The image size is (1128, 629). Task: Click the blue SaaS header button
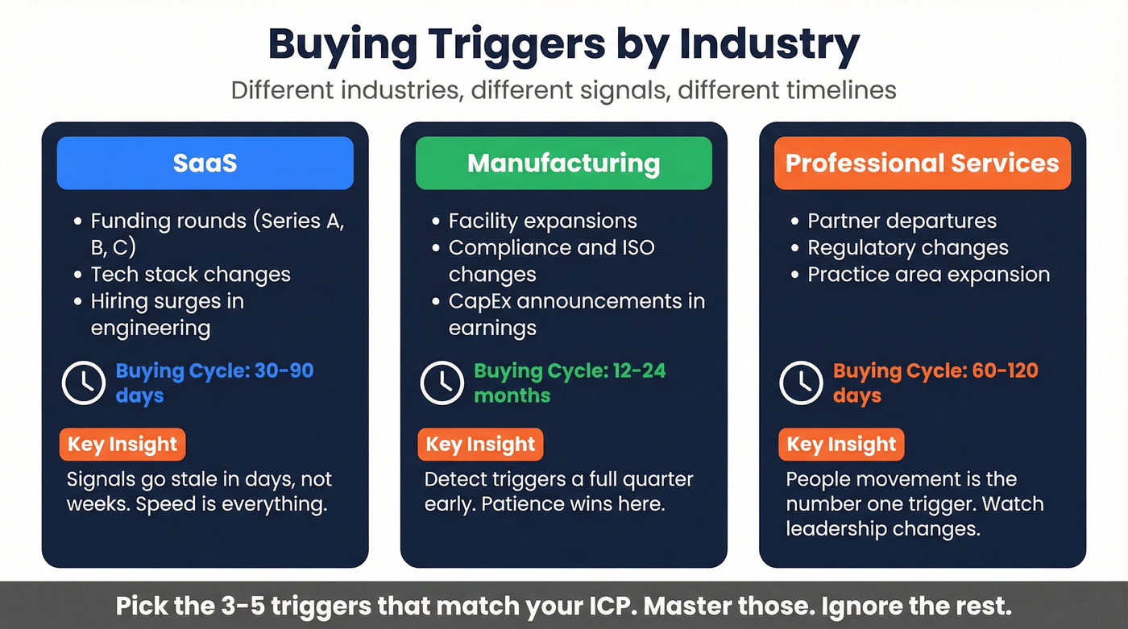coord(205,163)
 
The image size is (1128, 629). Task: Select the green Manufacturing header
coord(563,163)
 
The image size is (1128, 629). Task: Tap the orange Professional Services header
coord(922,163)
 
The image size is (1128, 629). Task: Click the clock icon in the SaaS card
coord(84,383)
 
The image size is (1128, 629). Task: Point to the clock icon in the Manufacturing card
coord(442,383)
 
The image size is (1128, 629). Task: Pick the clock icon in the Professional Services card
coord(801,383)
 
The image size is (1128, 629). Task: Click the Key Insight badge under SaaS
coord(122,445)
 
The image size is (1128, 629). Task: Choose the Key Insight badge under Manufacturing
coord(480,445)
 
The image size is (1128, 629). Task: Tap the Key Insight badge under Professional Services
coord(841,445)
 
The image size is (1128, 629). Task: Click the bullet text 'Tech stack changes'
coord(190,275)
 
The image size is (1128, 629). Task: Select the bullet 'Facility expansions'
coord(542,221)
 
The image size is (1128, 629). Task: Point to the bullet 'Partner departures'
coord(902,221)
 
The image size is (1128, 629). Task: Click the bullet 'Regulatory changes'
coord(907,248)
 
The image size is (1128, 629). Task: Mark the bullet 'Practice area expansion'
coord(928,275)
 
